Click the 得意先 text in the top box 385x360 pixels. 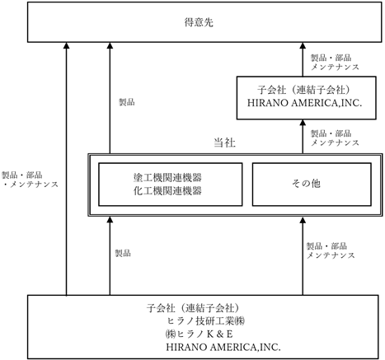tap(199, 22)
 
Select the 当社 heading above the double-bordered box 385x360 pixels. tap(224, 143)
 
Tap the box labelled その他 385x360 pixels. tap(312, 185)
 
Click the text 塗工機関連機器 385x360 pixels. tap(167, 178)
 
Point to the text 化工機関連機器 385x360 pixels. tap(167, 190)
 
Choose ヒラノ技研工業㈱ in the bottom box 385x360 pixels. tap(206, 320)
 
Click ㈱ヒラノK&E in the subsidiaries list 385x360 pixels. tap(200, 334)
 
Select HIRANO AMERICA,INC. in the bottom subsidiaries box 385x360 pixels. tap(223, 347)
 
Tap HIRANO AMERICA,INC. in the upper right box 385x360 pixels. tap(305, 103)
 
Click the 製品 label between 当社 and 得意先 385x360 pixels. tap(127, 102)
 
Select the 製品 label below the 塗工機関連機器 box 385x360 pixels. tap(123, 253)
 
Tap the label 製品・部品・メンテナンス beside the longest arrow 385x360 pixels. tap(30, 180)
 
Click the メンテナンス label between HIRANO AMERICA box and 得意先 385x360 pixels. tap(335, 67)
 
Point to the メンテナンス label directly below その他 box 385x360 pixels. tap(331, 255)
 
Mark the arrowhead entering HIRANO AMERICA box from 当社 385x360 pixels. tap(303, 123)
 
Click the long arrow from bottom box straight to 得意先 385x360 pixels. tap(66, 169)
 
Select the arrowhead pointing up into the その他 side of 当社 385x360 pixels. tap(303, 220)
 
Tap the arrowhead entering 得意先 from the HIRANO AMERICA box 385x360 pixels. tap(303, 45)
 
